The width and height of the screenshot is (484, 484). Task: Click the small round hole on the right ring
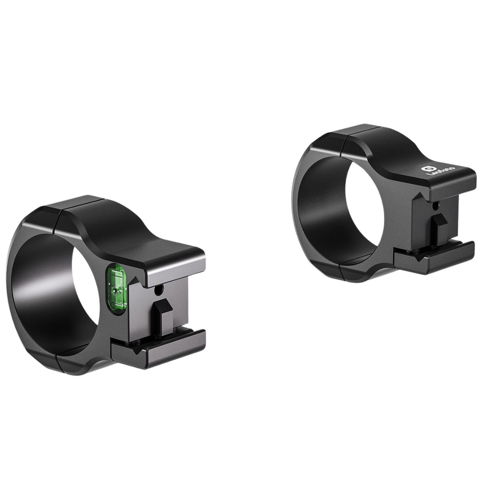(x=435, y=206)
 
